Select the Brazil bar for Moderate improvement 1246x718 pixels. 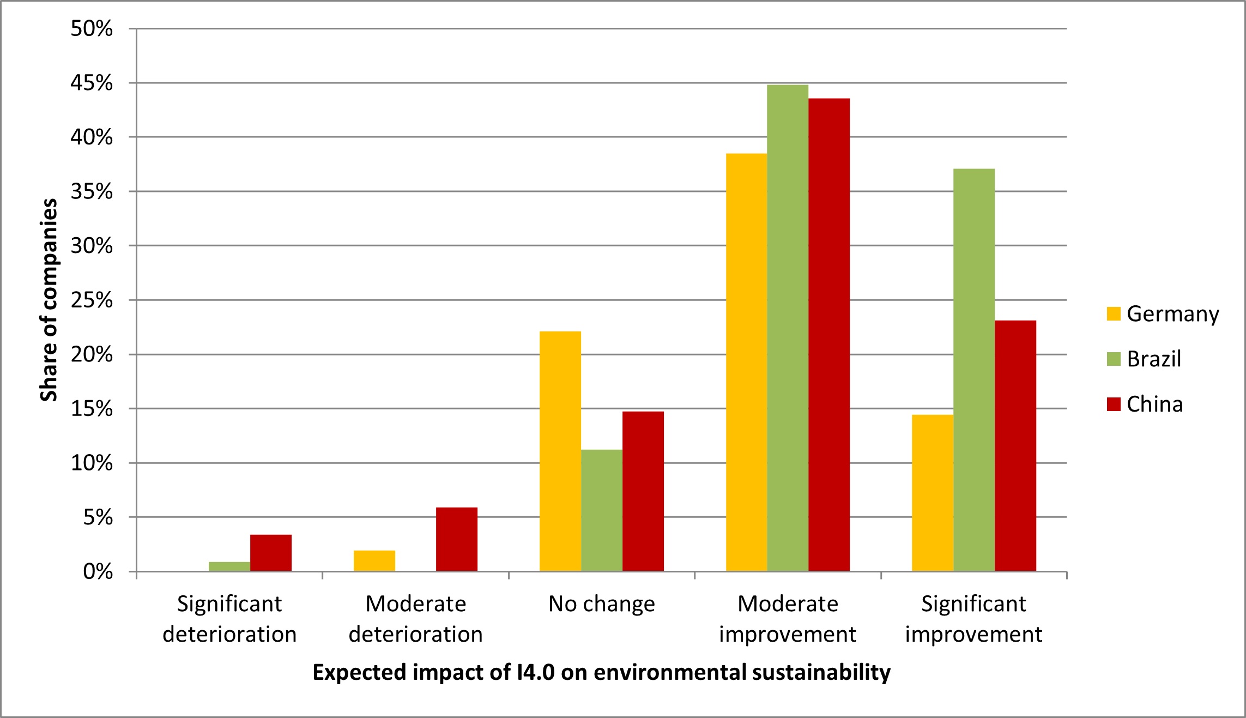(x=788, y=328)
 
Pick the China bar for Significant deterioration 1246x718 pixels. (x=271, y=553)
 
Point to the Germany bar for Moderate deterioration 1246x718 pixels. (x=374, y=561)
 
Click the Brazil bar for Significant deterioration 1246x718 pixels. (x=229, y=566)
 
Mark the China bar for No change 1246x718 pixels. (x=643, y=491)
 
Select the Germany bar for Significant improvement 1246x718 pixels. (x=933, y=493)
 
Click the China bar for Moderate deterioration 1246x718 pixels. (x=457, y=539)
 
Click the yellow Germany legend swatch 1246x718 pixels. (x=1114, y=314)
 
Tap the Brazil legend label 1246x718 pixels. (x=1154, y=359)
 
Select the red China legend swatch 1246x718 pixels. (x=1114, y=404)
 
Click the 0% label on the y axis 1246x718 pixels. (x=98, y=571)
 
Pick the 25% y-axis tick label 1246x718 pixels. (x=92, y=300)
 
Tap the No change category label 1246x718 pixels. (x=602, y=604)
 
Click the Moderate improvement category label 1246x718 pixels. (x=788, y=619)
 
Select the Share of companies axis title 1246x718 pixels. (x=49, y=300)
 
